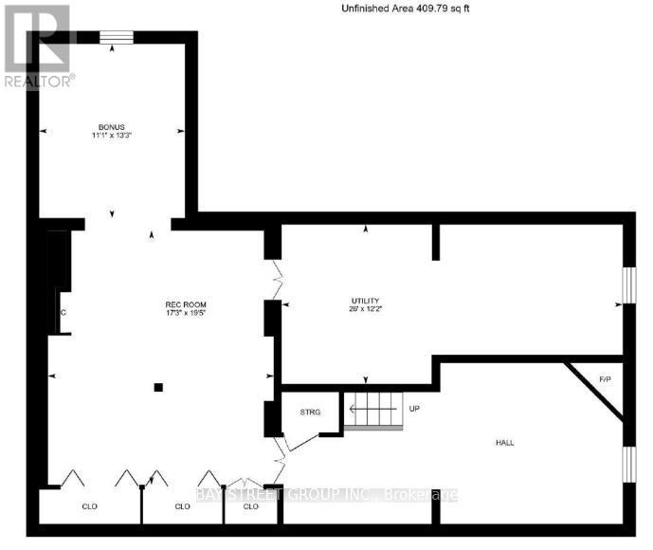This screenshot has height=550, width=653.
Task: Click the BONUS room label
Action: [x=112, y=127]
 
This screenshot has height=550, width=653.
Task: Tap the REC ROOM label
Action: [x=179, y=303]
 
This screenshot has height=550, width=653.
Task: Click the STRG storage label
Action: [x=311, y=412]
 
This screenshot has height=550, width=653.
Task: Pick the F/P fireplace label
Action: [x=604, y=381]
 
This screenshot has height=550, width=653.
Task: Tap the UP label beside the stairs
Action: [x=414, y=409]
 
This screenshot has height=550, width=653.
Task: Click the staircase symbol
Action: [x=372, y=411]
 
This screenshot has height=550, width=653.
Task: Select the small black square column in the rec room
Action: [x=159, y=386]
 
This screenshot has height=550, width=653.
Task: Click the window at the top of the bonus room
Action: [x=117, y=38]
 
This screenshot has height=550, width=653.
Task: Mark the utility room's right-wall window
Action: [x=627, y=286]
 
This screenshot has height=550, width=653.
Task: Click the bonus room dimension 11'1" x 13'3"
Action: [x=111, y=137]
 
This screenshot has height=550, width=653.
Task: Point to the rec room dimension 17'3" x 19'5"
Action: [x=179, y=312]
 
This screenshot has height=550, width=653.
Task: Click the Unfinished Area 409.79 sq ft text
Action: [x=405, y=9]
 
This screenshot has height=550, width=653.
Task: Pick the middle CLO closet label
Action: [x=183, y=506]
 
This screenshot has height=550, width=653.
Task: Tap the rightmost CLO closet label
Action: [x=251, y=506]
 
